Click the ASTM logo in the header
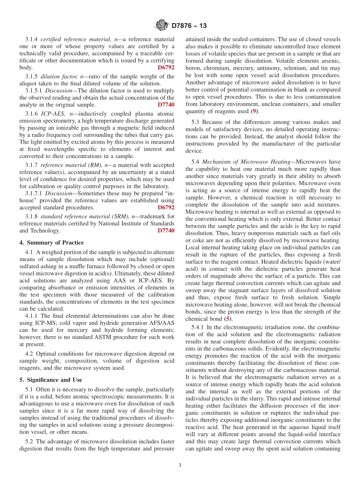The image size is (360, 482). (x=162, y=26)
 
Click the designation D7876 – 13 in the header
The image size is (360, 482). (x=189, y=26)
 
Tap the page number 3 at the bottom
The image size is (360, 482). (x=180, y=465)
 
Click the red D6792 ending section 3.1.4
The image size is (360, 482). (x=166, y=67)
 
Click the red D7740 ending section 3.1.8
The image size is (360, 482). (x=166, y=231)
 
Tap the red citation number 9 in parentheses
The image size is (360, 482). (x=254, y=111)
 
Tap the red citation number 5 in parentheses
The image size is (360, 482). (x=227, y=319)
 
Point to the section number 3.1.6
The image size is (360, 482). (x=32, y=114)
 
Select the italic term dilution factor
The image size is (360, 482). (x=59, y=77)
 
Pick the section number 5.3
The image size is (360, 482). (x=196, y=122)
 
